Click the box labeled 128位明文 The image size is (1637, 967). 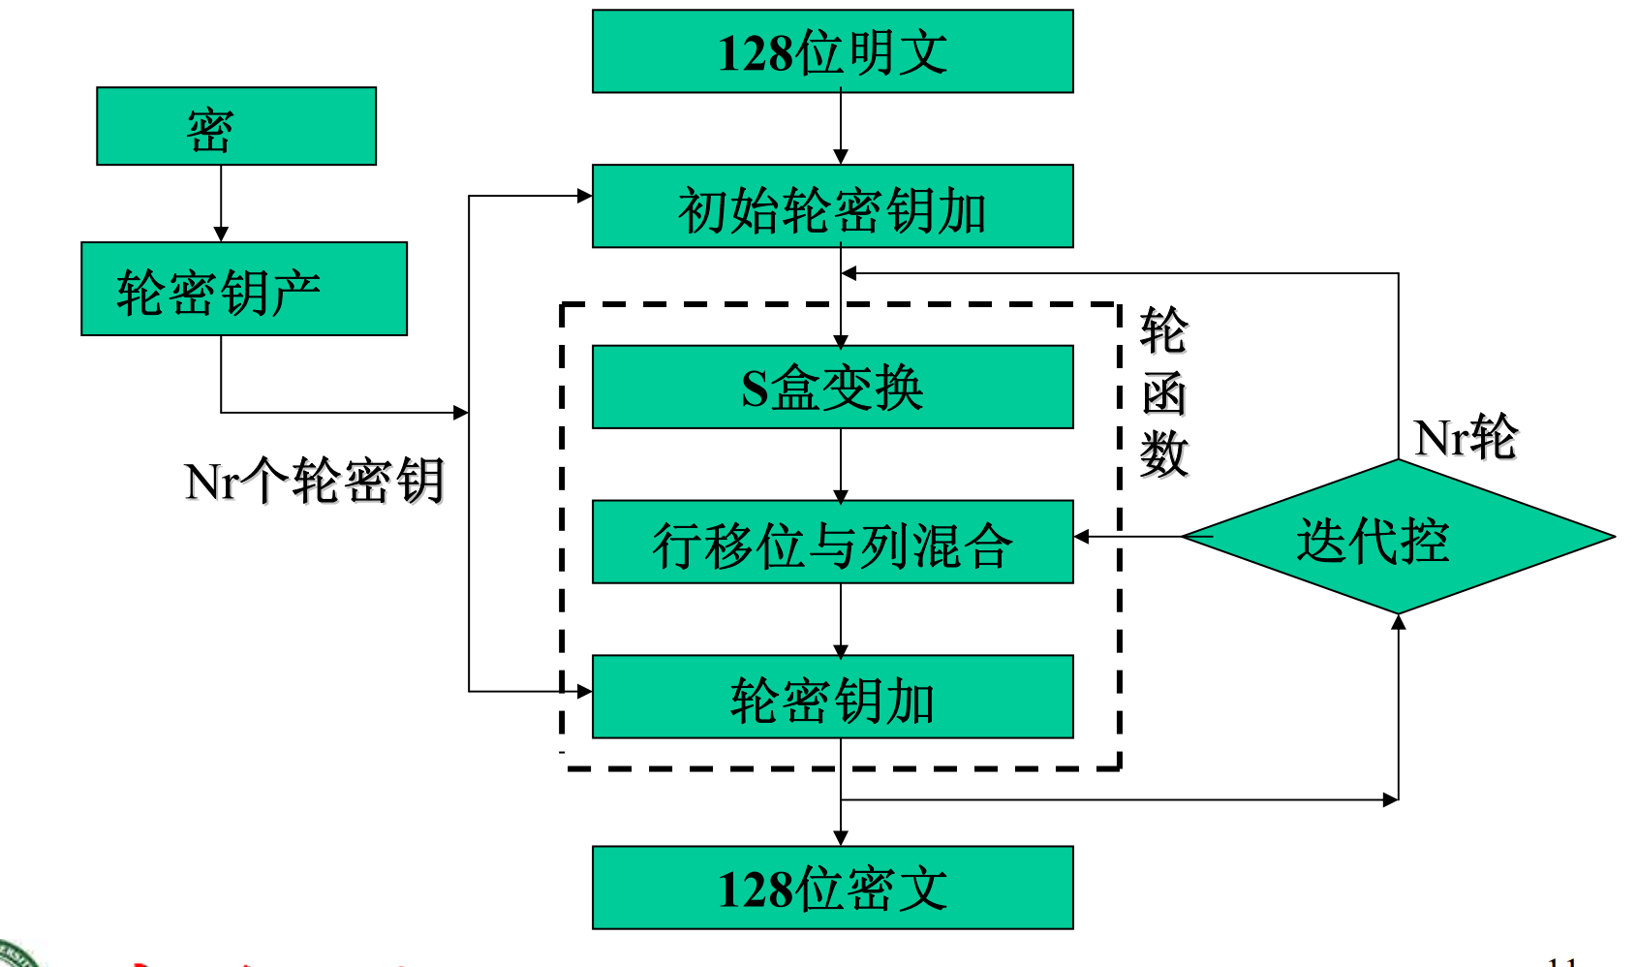[x=832, y=51]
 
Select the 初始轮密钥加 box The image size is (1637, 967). [x=832, y=206]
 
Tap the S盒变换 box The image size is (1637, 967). [x=832, y=387]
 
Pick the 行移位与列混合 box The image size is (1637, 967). [x=832, y=542]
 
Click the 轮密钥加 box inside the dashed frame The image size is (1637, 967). [x=832, y=697]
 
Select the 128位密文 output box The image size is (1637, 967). [x=832, y=888]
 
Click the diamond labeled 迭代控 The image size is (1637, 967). [x=1398, y=537]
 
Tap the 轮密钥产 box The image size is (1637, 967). [x=243, y=289]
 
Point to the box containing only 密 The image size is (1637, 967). [x=235, y=126]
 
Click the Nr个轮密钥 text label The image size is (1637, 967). [x=314, y=480]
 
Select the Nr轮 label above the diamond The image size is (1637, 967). [x=1465, y=437]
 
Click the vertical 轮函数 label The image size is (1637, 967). [x=1162, y=391]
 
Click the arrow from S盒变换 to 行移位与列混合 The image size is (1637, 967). [x=841, y=464]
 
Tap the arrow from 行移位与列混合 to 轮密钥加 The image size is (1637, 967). [x=841, y=619]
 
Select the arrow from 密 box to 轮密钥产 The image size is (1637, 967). [x=221, y=203]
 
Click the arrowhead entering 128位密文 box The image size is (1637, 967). [x=841, y=838]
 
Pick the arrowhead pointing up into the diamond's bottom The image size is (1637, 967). [x=1398, y=622]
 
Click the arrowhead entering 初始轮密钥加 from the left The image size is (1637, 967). [x=584, y=196]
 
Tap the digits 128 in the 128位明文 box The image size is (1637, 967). [x=756, y=53]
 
